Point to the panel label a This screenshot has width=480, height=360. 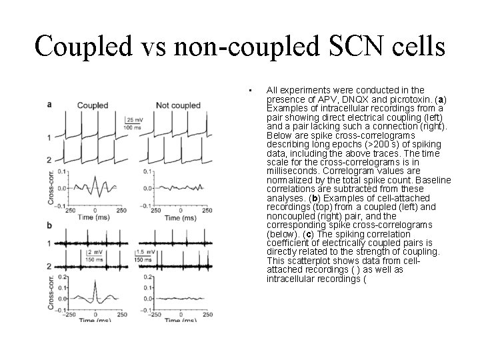(49, 104)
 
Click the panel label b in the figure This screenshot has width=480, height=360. (49, 227)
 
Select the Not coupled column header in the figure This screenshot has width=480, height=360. (177, 105)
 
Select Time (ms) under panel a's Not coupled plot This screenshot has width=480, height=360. (163, 217)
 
